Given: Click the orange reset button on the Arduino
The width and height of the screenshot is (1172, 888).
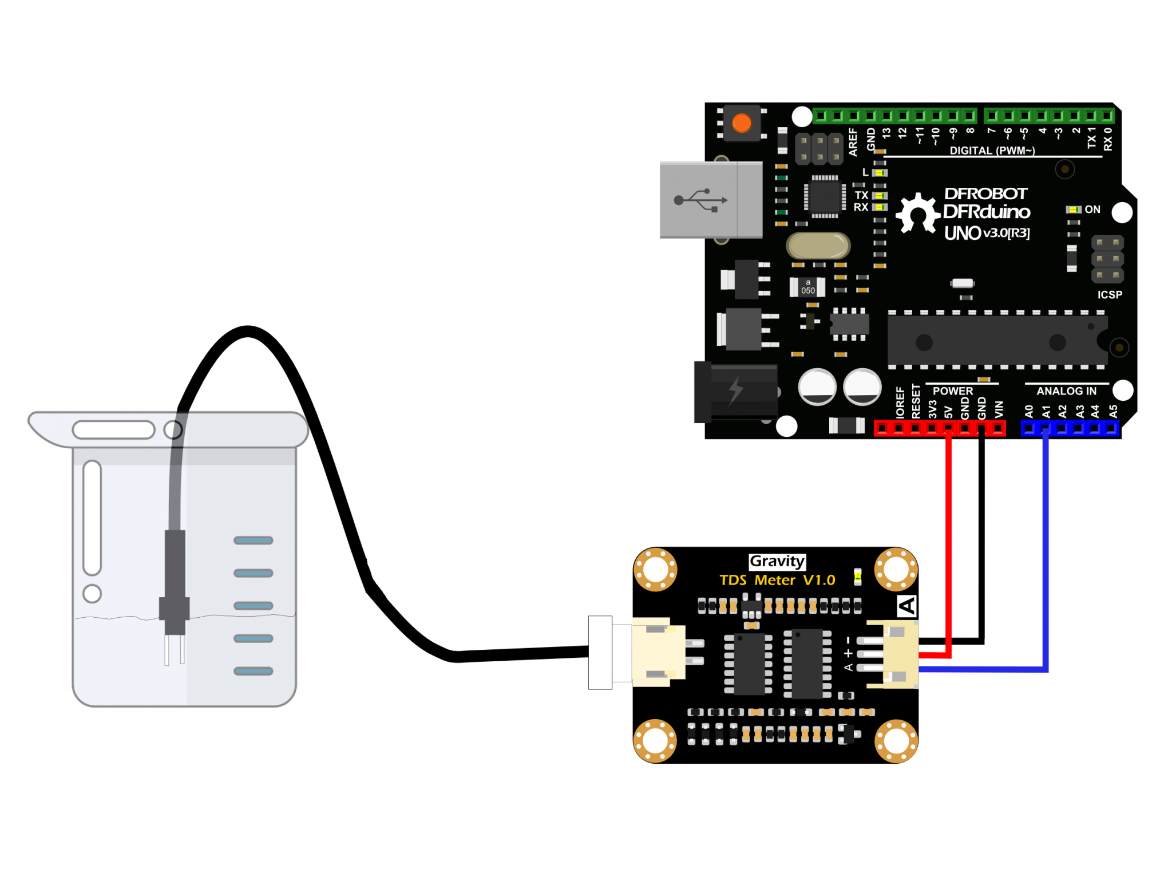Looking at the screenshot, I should [x=742, y=123].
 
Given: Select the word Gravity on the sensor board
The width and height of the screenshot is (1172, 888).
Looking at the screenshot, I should [x=777, y=561].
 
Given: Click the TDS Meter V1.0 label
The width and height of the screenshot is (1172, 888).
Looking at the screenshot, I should [x=777, y=580].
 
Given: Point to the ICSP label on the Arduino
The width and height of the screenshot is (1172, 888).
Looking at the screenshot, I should [x=1109, y=295].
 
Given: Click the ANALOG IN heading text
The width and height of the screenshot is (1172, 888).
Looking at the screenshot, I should [x=1066, y=391].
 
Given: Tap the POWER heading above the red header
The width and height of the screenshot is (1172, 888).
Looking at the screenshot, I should [x=952, y=391].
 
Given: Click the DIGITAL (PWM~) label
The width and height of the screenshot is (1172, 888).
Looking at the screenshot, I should [x=992, y=151].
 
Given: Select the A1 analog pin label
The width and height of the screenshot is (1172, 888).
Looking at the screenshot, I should [x=1046, y=411].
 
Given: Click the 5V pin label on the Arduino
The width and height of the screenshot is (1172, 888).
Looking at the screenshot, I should [x=948, y=412].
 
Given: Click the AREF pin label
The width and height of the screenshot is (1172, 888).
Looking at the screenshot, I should [x=853, y=141].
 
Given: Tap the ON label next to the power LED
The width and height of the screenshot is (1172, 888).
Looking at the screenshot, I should [x=1092, y=210].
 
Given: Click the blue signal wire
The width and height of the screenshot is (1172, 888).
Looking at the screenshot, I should [x=1046, y=550].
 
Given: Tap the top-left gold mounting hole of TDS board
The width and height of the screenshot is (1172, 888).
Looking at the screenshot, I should [x=655, y=569].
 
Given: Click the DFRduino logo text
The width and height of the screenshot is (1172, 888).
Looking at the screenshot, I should [x=986, y=212].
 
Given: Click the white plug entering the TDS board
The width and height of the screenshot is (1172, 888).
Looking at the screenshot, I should [x=600, y=652].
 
